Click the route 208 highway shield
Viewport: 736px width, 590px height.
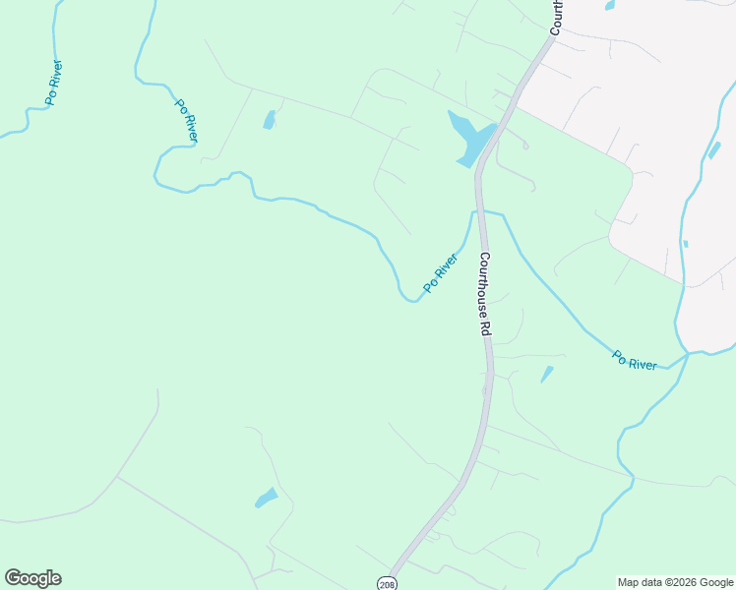point(388,583)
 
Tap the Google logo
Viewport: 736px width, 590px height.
point(33,578)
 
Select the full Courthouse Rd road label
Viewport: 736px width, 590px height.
point(485,294)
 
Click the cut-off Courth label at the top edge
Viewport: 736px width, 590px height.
point(556,17)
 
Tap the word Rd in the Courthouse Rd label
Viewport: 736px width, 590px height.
point(486,326)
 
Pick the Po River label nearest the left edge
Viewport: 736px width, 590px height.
point(54,84)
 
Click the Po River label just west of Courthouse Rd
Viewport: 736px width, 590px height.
point(441,272)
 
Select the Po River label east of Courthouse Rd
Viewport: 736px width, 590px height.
point(635,360)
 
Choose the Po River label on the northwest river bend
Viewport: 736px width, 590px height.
point(187,120)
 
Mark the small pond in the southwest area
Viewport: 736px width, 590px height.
point(267,498)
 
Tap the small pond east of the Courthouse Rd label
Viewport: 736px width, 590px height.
point(546,374)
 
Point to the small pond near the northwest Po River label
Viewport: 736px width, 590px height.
point(269,120)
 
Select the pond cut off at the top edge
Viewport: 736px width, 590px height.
point(610,5)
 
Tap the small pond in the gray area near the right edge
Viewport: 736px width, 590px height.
point(713,150)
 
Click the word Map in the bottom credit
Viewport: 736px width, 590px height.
point(629,583)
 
